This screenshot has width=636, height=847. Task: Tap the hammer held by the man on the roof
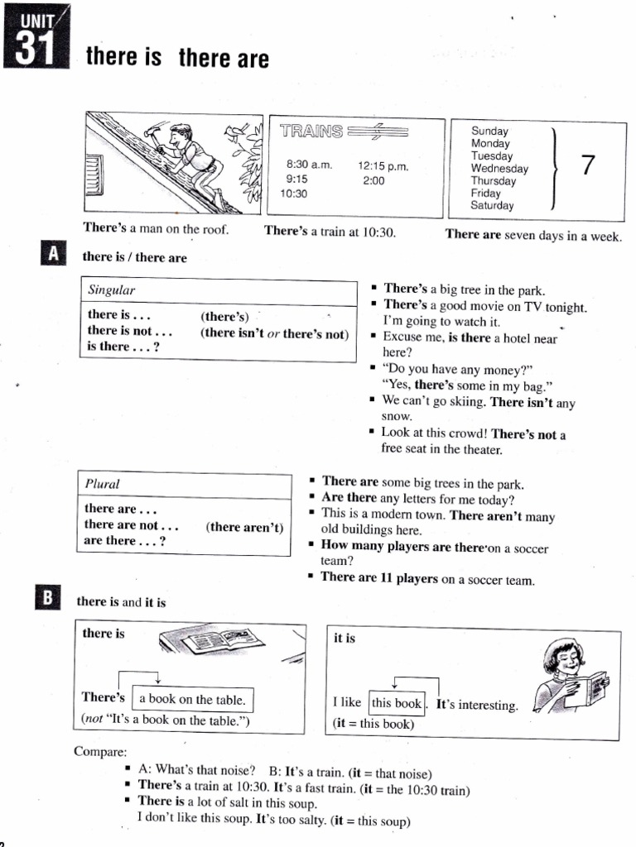tap(154, 132)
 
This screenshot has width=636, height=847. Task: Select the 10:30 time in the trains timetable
tap(294, 194)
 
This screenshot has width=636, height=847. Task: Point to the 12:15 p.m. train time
tap(383, 165)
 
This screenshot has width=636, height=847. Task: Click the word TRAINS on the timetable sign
tap(311, 132)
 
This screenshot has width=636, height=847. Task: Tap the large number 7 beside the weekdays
tap(588, 165)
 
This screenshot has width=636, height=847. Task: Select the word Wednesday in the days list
tap(499, 169)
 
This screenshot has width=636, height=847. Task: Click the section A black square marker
tap(53, 254)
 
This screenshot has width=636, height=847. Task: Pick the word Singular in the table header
tap(112, 290)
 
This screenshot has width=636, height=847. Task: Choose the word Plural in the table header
tap(103, 484)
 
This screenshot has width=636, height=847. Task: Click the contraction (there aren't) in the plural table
tap(245, 526)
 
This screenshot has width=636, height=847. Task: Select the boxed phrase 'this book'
tap(397, 704)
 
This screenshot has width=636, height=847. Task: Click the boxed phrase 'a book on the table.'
tap(192, 700)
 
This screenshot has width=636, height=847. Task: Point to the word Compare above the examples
tap(100, 752)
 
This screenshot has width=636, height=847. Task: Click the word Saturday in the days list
tap(492, 206)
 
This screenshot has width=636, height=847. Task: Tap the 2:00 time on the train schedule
tap(373, 179)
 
